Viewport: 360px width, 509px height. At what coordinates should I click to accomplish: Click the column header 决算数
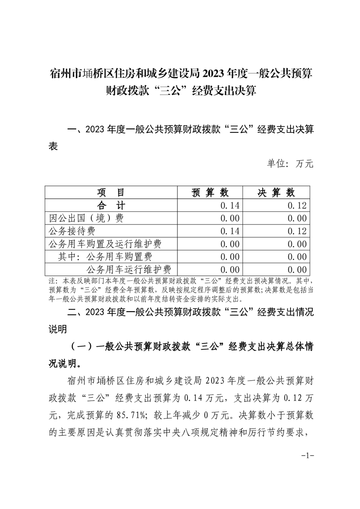point(277,192)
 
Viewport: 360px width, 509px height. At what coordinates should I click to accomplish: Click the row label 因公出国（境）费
point(86,218)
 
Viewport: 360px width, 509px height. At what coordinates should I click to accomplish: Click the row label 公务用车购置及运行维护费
point(105,244)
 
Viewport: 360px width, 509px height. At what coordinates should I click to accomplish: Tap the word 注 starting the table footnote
point(51,280)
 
